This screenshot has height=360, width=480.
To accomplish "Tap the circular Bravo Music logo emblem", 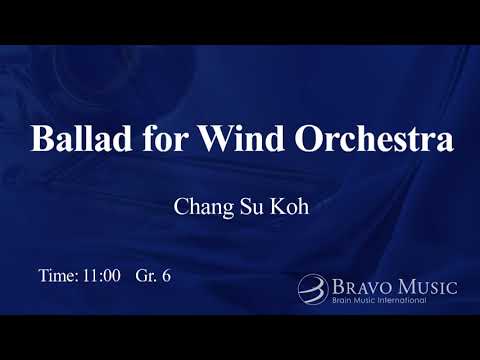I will click(x=312, y=289).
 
